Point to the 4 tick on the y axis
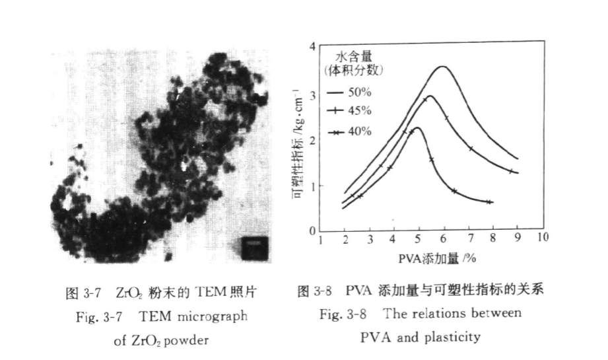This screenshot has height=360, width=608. click(311, 47)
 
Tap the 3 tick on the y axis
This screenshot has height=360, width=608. click(311, 94)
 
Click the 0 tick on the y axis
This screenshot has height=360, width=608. click(311, 231)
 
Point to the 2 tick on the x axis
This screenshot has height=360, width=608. click(345, 238)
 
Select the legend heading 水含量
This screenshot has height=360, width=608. click(355, 57)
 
